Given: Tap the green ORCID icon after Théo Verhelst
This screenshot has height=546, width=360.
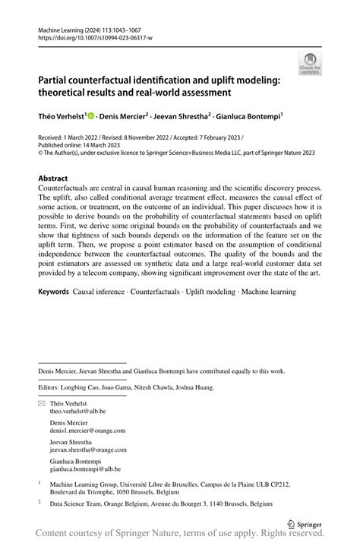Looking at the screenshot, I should (90, 116).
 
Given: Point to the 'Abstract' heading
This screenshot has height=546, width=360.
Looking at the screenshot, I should (58, 178).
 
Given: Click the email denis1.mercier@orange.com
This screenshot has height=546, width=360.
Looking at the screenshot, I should (87, 430).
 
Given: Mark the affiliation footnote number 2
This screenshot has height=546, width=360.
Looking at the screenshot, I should (39, 502).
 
